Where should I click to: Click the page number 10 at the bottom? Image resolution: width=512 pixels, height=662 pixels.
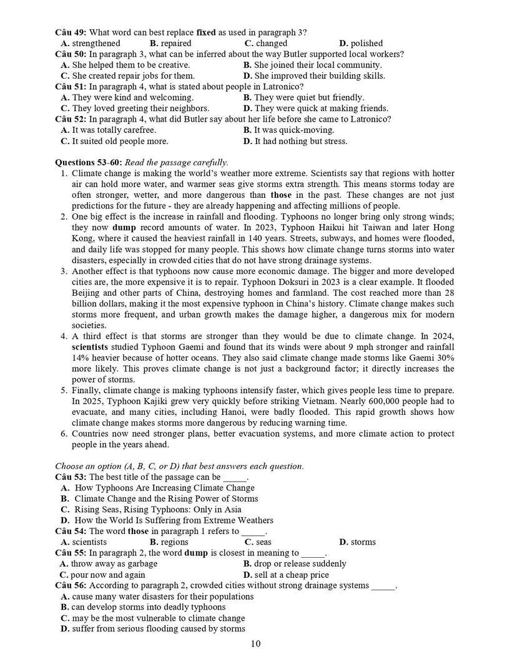(x=255, y=644)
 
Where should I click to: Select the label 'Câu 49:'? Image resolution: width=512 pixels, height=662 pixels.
(x=71, y=32)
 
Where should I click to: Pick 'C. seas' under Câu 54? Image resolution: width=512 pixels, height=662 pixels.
(x=257, y=542)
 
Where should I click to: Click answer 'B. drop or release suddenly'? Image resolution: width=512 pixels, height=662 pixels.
(x=295, y=563)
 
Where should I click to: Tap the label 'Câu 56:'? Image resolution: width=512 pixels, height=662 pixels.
(x=71, y=585)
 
